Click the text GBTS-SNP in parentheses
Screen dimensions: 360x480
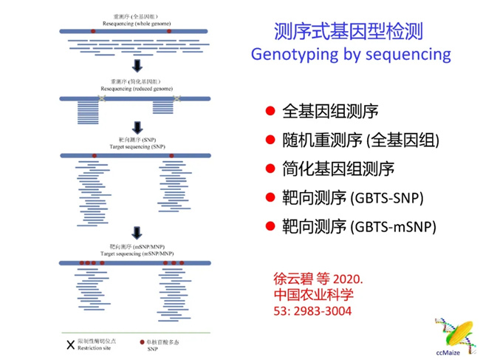tap(391, 197)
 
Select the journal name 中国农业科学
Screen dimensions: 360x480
tap(313, 294)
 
